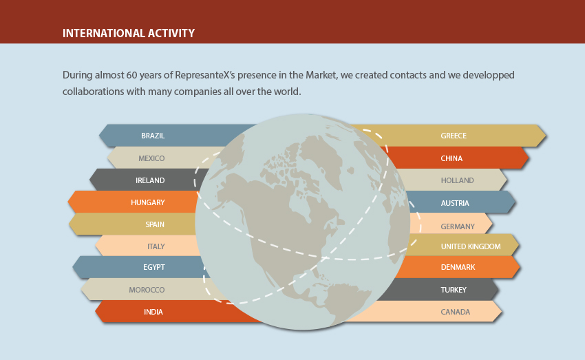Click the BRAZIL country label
click(153, 136)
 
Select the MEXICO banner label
click(151, 158)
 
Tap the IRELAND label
click(150, 180)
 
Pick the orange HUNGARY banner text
click(148, 202)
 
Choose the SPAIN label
click(155, 224)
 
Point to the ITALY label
click(156, 246)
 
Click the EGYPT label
click(154, 267)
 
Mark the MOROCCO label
click(147, 290)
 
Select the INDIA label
click(153, 312)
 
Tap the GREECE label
click(454, 136)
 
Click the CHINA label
click(451, 158)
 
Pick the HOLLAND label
click(458, 180)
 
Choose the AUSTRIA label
click(455, 203)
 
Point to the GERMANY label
click(458, 226)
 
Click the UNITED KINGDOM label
click(471, 246)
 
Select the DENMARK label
click(458, 267)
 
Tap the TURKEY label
click(454, 290)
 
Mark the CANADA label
click(456, 312)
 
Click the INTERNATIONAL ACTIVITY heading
click(129, 33)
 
